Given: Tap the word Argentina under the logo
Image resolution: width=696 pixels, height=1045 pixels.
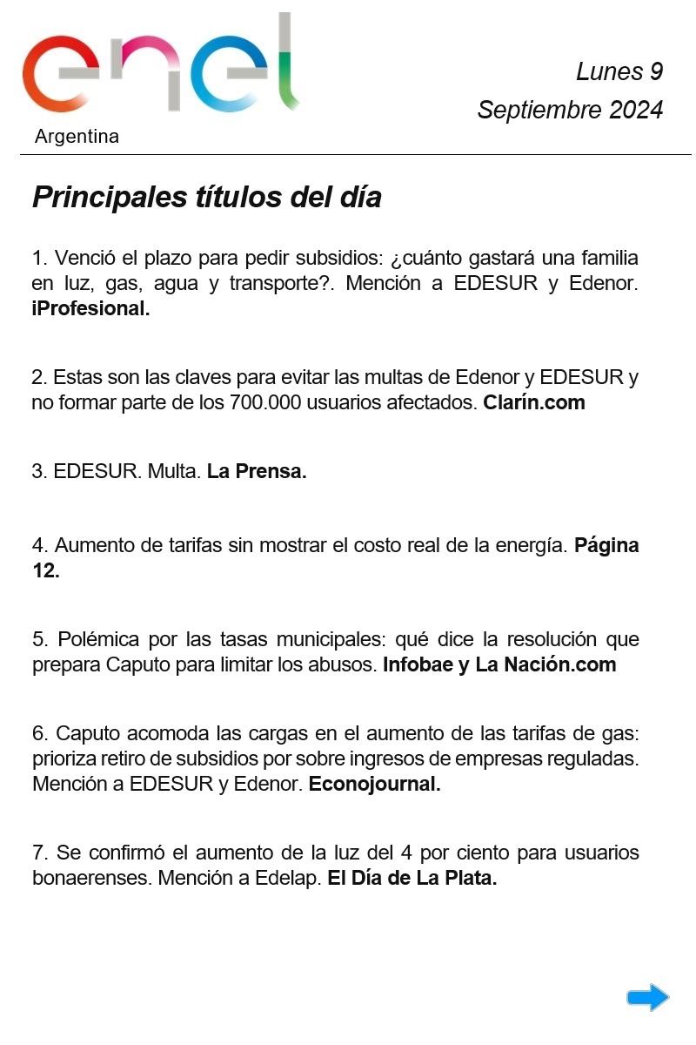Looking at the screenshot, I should tap(77, 137).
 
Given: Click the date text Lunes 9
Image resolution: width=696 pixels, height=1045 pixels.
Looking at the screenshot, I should tap(619, 71).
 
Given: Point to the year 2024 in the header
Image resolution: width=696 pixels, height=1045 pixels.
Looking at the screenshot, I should tap(636, 111).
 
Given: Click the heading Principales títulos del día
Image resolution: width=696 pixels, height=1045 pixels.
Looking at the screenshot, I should tap(207, 198).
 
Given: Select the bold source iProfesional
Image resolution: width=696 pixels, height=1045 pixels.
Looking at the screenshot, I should tap(90, 309).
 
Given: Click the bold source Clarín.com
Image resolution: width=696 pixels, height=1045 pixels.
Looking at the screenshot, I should tap(534, 402).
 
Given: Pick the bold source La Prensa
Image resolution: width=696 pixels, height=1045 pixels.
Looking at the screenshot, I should tap(257, 472).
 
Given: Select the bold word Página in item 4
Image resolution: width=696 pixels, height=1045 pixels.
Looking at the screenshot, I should tap(606, 545).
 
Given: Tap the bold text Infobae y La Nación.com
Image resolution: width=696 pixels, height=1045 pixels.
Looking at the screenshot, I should tap(499, 664).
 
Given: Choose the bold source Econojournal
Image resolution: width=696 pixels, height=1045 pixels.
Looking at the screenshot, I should tap(374, 784).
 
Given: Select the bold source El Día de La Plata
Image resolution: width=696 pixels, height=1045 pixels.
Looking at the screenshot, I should tap(412, 878).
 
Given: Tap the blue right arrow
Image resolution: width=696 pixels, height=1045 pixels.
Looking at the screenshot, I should tap(647, 998).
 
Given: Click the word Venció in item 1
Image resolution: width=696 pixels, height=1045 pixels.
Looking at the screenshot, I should tap(83, 258).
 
